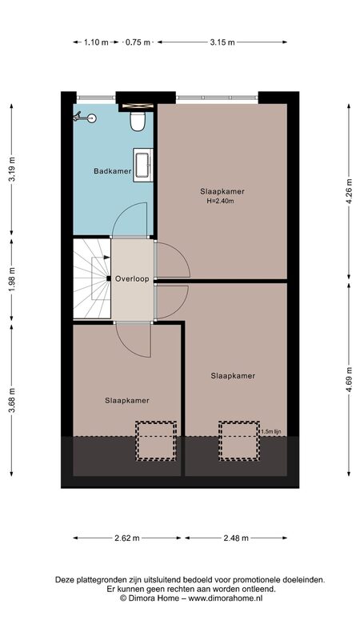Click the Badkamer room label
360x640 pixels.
point(112,171)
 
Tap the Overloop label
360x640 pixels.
point(132,279)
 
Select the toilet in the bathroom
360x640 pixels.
point(138,122)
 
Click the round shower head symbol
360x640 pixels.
point(92,118)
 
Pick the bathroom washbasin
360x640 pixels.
point(143,165)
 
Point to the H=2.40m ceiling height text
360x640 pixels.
point(222,201)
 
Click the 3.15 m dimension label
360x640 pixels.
point(222,42)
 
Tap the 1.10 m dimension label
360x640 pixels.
point(96,42)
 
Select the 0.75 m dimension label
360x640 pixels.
point(138,42)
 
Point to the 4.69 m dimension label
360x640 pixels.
point(349,379)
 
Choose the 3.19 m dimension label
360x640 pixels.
point(11,169)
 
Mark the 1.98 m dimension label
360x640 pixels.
point(11,279)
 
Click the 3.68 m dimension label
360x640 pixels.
point(11,401)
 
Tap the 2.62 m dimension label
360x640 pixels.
point(127,538)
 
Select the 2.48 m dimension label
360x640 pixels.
point(236,538)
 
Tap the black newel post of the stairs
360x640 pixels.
point(109,278)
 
